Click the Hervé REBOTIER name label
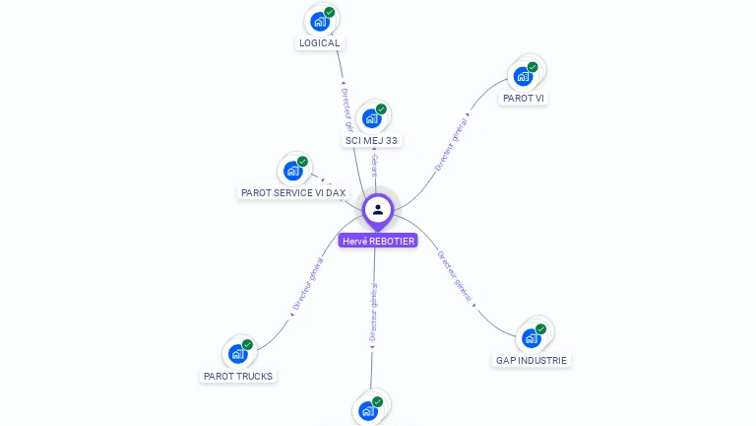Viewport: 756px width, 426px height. click(x=378, y=241)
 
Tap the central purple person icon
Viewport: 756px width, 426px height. click(x=378, y=209)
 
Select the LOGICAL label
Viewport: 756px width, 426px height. click(x=319, y=43)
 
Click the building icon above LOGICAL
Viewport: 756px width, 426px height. click(x=319, y=21)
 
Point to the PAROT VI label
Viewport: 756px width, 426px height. click(x=523, y=99)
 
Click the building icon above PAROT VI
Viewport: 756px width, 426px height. click(x=523, y=76)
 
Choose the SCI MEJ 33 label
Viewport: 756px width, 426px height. click(x=371, y=141)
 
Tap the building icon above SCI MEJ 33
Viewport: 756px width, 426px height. click(x=371, y=118)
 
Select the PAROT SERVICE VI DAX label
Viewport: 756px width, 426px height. click(x=293, y=193)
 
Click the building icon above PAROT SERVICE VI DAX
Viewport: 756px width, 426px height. click(x=292, y=171)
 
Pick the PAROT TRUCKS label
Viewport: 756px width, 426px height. click(x=238, y=376)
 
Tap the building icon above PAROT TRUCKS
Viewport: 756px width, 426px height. click(x=237, y=353)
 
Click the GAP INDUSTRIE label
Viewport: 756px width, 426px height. click(x=532, y=361)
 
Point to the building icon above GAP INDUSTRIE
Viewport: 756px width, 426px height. click(x=532, y=338)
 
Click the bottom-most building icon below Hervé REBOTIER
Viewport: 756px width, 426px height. click(x=368, y=410)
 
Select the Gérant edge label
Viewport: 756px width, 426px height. click(x=374, y=166)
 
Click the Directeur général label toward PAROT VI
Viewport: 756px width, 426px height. click(x=452, y=143)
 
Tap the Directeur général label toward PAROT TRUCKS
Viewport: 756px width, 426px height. click(x=308, y=286)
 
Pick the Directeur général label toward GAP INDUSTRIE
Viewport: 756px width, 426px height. click(x=456, y=276)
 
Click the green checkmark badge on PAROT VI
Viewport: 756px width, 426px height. click(x=533, y=67)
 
